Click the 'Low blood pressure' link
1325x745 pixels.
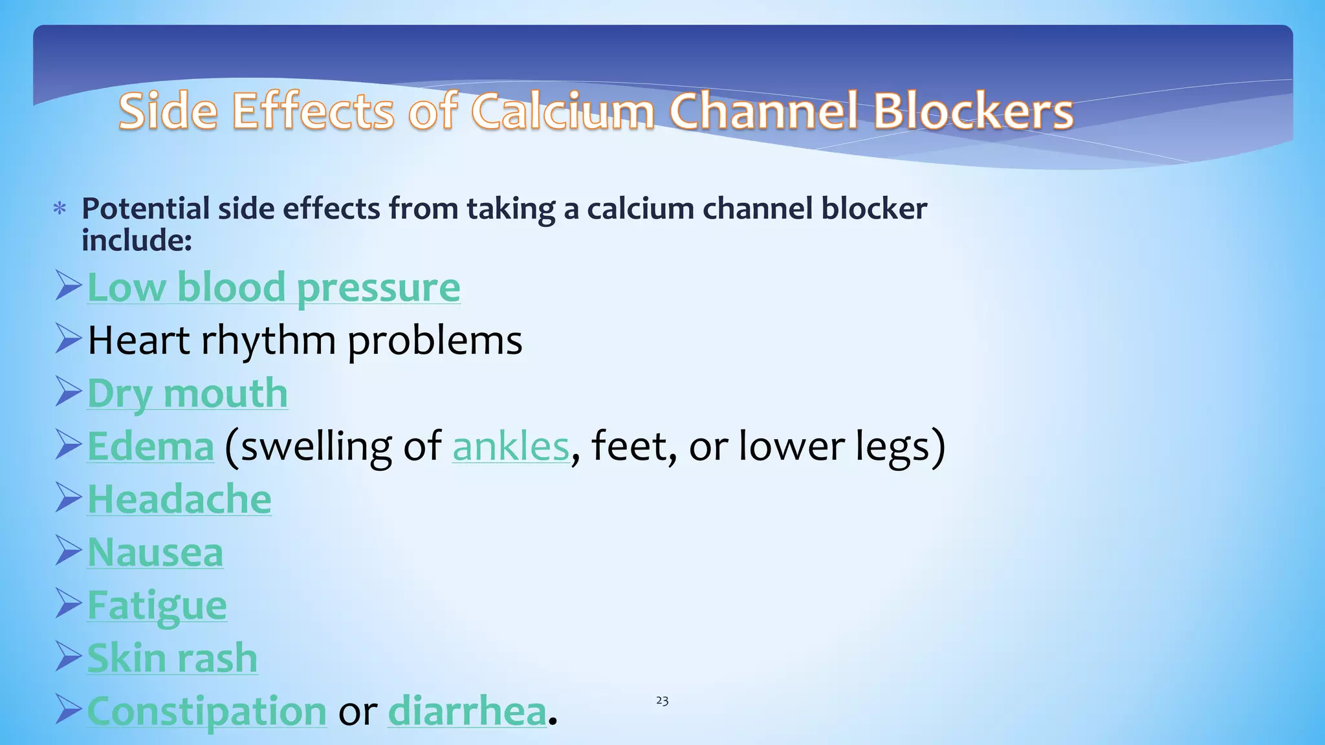(273, 288)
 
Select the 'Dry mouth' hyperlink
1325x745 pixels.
(187, 394)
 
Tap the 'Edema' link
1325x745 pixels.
(150, 447)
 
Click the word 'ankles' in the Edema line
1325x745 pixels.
(510, 447)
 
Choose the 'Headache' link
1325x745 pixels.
(179, 500)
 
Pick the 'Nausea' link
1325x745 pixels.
(155, 553)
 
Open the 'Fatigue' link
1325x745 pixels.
(157, 606)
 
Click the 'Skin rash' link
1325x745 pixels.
(172, 659)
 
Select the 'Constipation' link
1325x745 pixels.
(206, 712)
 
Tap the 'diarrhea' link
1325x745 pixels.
(467, 712)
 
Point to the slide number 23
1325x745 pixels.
(662, 700)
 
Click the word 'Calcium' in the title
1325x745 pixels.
(563, 111)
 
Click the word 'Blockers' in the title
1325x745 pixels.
(973, 111)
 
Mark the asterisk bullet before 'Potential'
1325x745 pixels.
(60, 209)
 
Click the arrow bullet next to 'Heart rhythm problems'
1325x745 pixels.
(68, 339)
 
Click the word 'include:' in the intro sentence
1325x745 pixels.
(137, 241)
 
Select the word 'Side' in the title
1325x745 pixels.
(168, 111)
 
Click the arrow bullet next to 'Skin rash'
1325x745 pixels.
(68, 656)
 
